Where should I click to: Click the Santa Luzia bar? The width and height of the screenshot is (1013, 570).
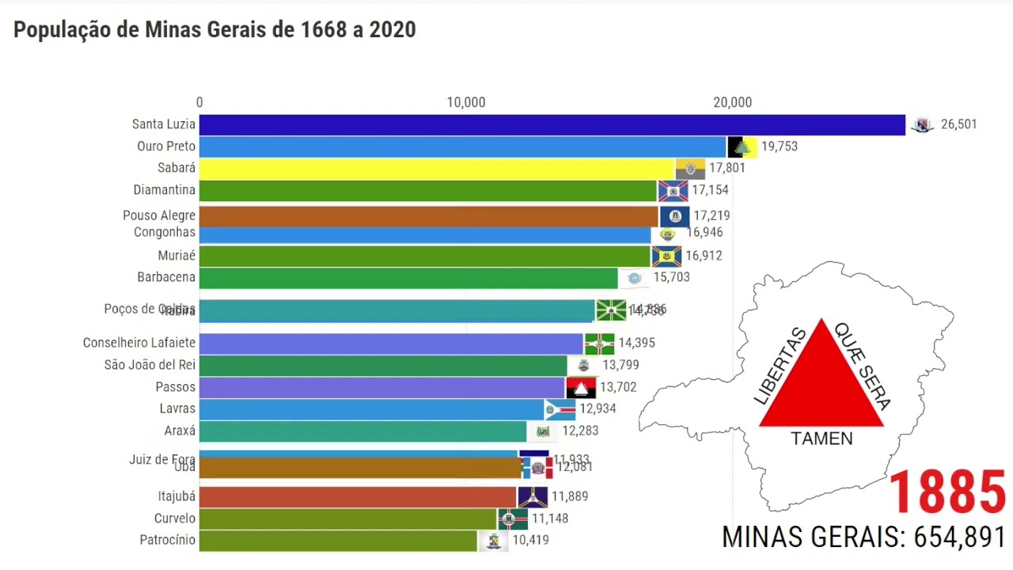tap(552, 125)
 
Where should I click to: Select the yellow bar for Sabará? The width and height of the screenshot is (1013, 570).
tap(437, 169)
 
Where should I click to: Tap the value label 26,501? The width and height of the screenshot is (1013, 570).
tap(958, 124)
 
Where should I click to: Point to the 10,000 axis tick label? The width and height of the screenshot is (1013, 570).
tap(465, 102)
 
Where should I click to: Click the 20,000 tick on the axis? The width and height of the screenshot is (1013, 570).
tap(732, 102)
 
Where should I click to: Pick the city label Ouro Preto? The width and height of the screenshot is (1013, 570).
tap(165, 146)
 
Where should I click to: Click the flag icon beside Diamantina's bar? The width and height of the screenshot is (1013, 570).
tap(673, 191)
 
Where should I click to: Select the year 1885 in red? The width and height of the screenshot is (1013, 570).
tap(947, 492)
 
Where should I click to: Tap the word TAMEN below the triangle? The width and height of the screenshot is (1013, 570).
tap(821, 439)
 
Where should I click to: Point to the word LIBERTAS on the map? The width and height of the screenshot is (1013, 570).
tap(780, 367)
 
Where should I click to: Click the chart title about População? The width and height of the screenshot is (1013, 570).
tap(214, 30)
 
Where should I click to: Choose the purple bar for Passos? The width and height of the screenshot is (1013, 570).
tap(381, 387)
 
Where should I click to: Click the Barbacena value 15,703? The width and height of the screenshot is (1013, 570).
tap(671, 277)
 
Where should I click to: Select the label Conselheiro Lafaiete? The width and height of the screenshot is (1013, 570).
tap(138, 343)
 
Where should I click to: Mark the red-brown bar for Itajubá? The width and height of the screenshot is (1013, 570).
tap(358, 496)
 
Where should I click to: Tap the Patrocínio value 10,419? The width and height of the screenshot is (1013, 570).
tap(530, 540)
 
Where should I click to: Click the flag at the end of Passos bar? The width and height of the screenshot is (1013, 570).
tap(581, 388)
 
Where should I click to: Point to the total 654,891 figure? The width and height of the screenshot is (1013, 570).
tap(958, 537)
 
